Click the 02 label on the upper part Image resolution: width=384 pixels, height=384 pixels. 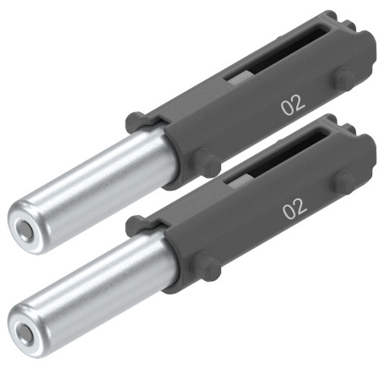pos(293,105)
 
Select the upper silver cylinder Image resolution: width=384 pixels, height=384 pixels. pos(93,191)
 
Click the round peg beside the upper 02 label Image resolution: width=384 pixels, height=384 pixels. pos(343,78)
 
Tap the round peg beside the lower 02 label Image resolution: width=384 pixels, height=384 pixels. pos(344,181)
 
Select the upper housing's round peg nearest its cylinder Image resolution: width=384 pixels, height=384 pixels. pos(204,161)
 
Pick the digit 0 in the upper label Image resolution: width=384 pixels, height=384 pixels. pos(287,107)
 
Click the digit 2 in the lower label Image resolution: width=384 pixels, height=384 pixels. pos(301,205)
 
